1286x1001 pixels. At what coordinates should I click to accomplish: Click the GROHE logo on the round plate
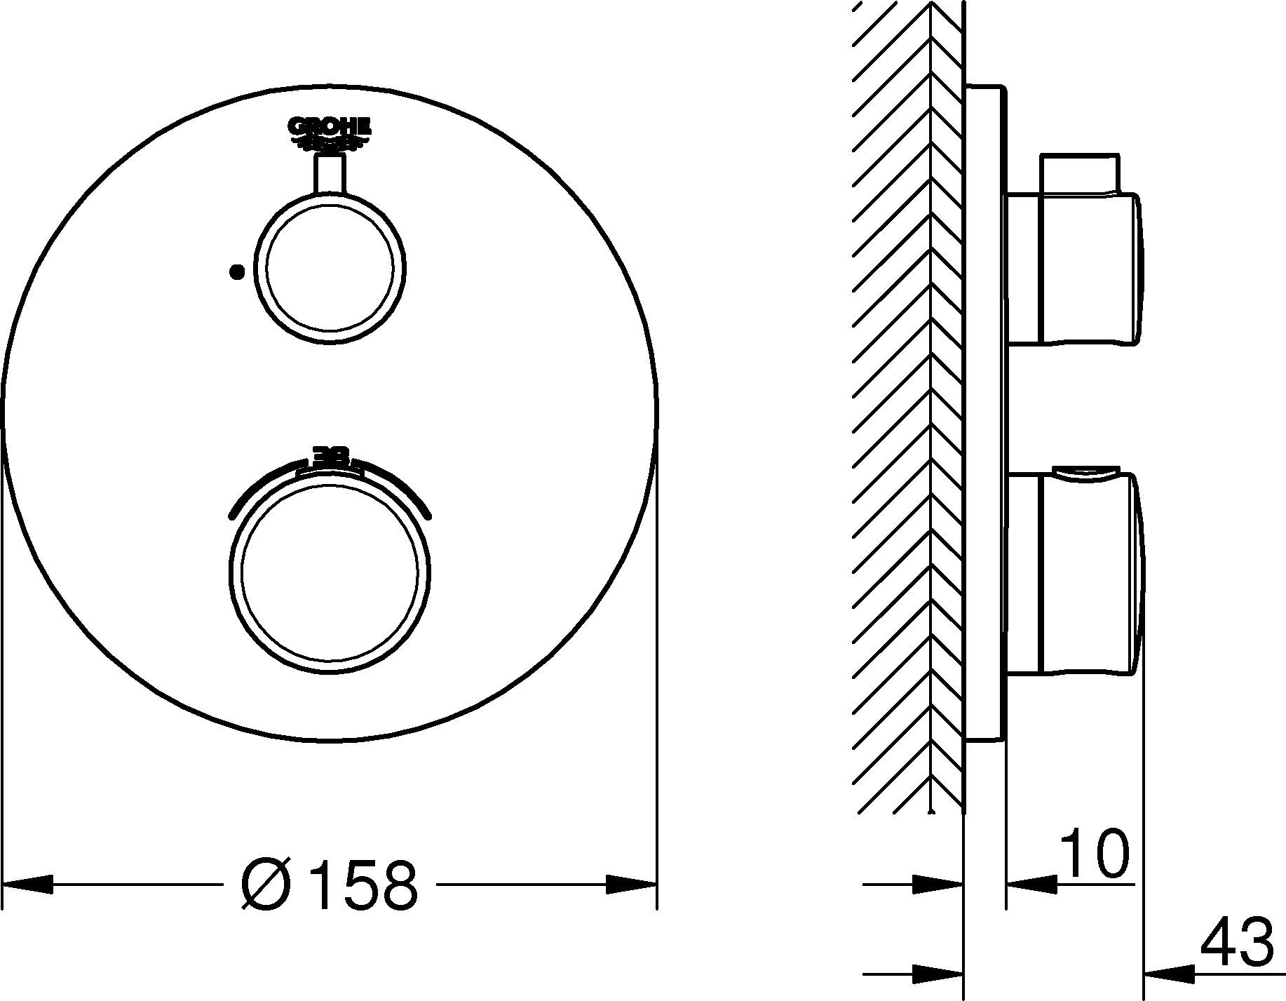[x=330, y=134]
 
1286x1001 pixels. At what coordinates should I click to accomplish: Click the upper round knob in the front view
[x=330, y=269]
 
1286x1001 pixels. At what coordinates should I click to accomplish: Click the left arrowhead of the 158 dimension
[x=28, y=884]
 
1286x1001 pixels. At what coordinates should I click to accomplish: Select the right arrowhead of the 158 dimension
[x=631, y=884]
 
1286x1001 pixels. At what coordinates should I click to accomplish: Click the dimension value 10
[x=1094, y=854]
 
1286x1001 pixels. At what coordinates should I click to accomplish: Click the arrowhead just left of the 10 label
[x=1032, y=885]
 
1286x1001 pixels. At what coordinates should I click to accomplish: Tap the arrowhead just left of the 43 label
[x=1169, y=973]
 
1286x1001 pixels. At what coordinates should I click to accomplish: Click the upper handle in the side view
[x=1073, y=269]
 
